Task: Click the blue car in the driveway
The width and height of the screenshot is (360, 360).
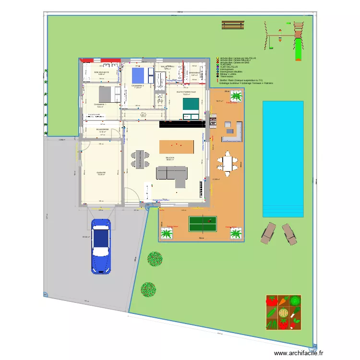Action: point(101,245)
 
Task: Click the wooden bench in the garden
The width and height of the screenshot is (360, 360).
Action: point(231,24)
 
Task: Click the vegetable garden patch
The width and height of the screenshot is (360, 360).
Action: point(283,312)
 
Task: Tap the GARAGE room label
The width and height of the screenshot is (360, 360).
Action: point(101,172)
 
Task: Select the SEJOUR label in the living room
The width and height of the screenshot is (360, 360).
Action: point(170,157)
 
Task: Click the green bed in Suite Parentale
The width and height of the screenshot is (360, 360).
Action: point(191,103)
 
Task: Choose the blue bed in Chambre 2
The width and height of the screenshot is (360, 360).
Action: point(139,75)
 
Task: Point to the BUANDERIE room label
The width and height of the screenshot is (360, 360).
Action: point(102,130)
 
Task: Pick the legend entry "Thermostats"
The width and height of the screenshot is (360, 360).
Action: point(228,77)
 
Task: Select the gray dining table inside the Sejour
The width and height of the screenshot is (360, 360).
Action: point(139,159)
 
